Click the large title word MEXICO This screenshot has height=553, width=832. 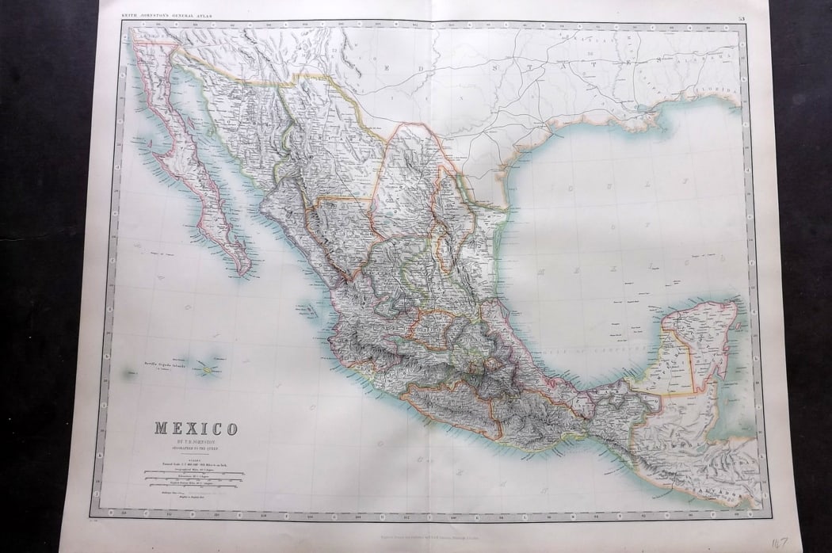coord(195,429)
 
